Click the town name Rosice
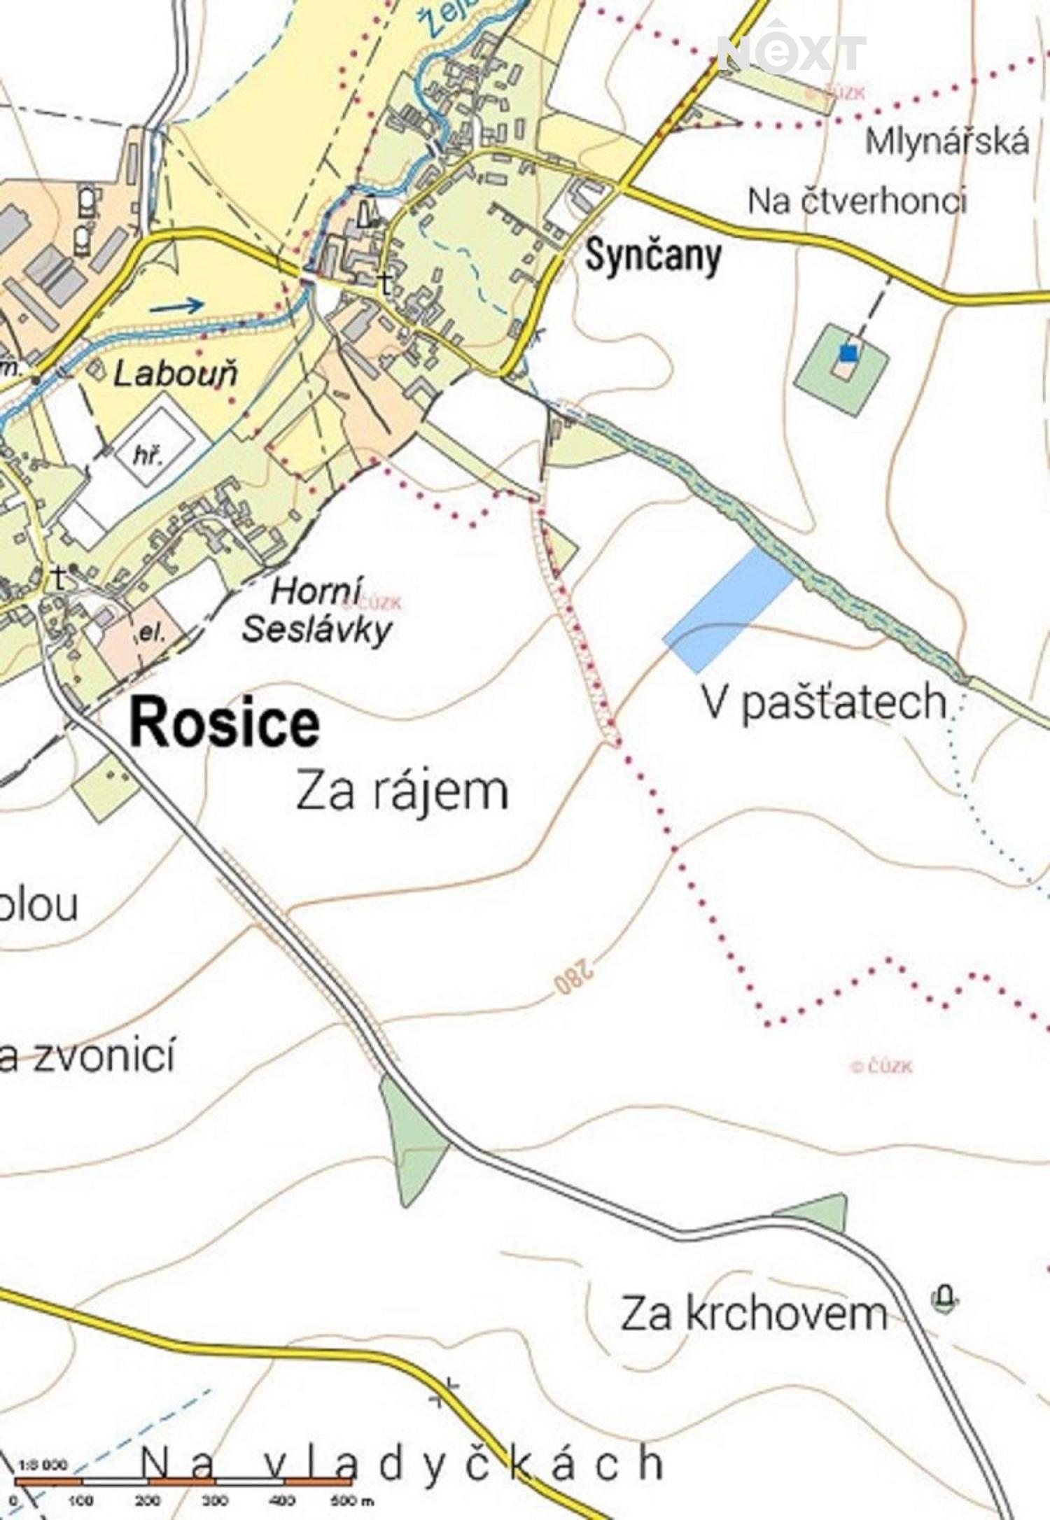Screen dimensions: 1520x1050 click(x=225, y=724)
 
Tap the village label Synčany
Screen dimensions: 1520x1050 click(x=653, y=257)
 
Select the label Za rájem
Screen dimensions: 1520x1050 click(x=402, y=791)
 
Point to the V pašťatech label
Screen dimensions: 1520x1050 click(x=824, y=703)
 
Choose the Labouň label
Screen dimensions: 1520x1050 click(x=176, y=374)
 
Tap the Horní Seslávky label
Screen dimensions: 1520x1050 click(x=316, y=611)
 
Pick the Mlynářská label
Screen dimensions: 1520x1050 click(x=946, y=142)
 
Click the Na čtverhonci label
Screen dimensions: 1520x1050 click(x=857, y=202)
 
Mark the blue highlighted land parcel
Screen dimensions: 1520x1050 click(x=730, y=608)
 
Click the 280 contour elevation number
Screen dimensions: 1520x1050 click(x=574, y=978)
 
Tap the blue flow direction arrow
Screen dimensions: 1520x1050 click(x=176, y=305)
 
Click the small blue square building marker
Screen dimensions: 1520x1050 click(x=848, y=353)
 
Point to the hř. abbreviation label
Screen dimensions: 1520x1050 click(x=148, y=456)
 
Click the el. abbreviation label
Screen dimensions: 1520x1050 click(x=151, y=633)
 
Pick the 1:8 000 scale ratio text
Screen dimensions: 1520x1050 click(x=43, y=1465)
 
